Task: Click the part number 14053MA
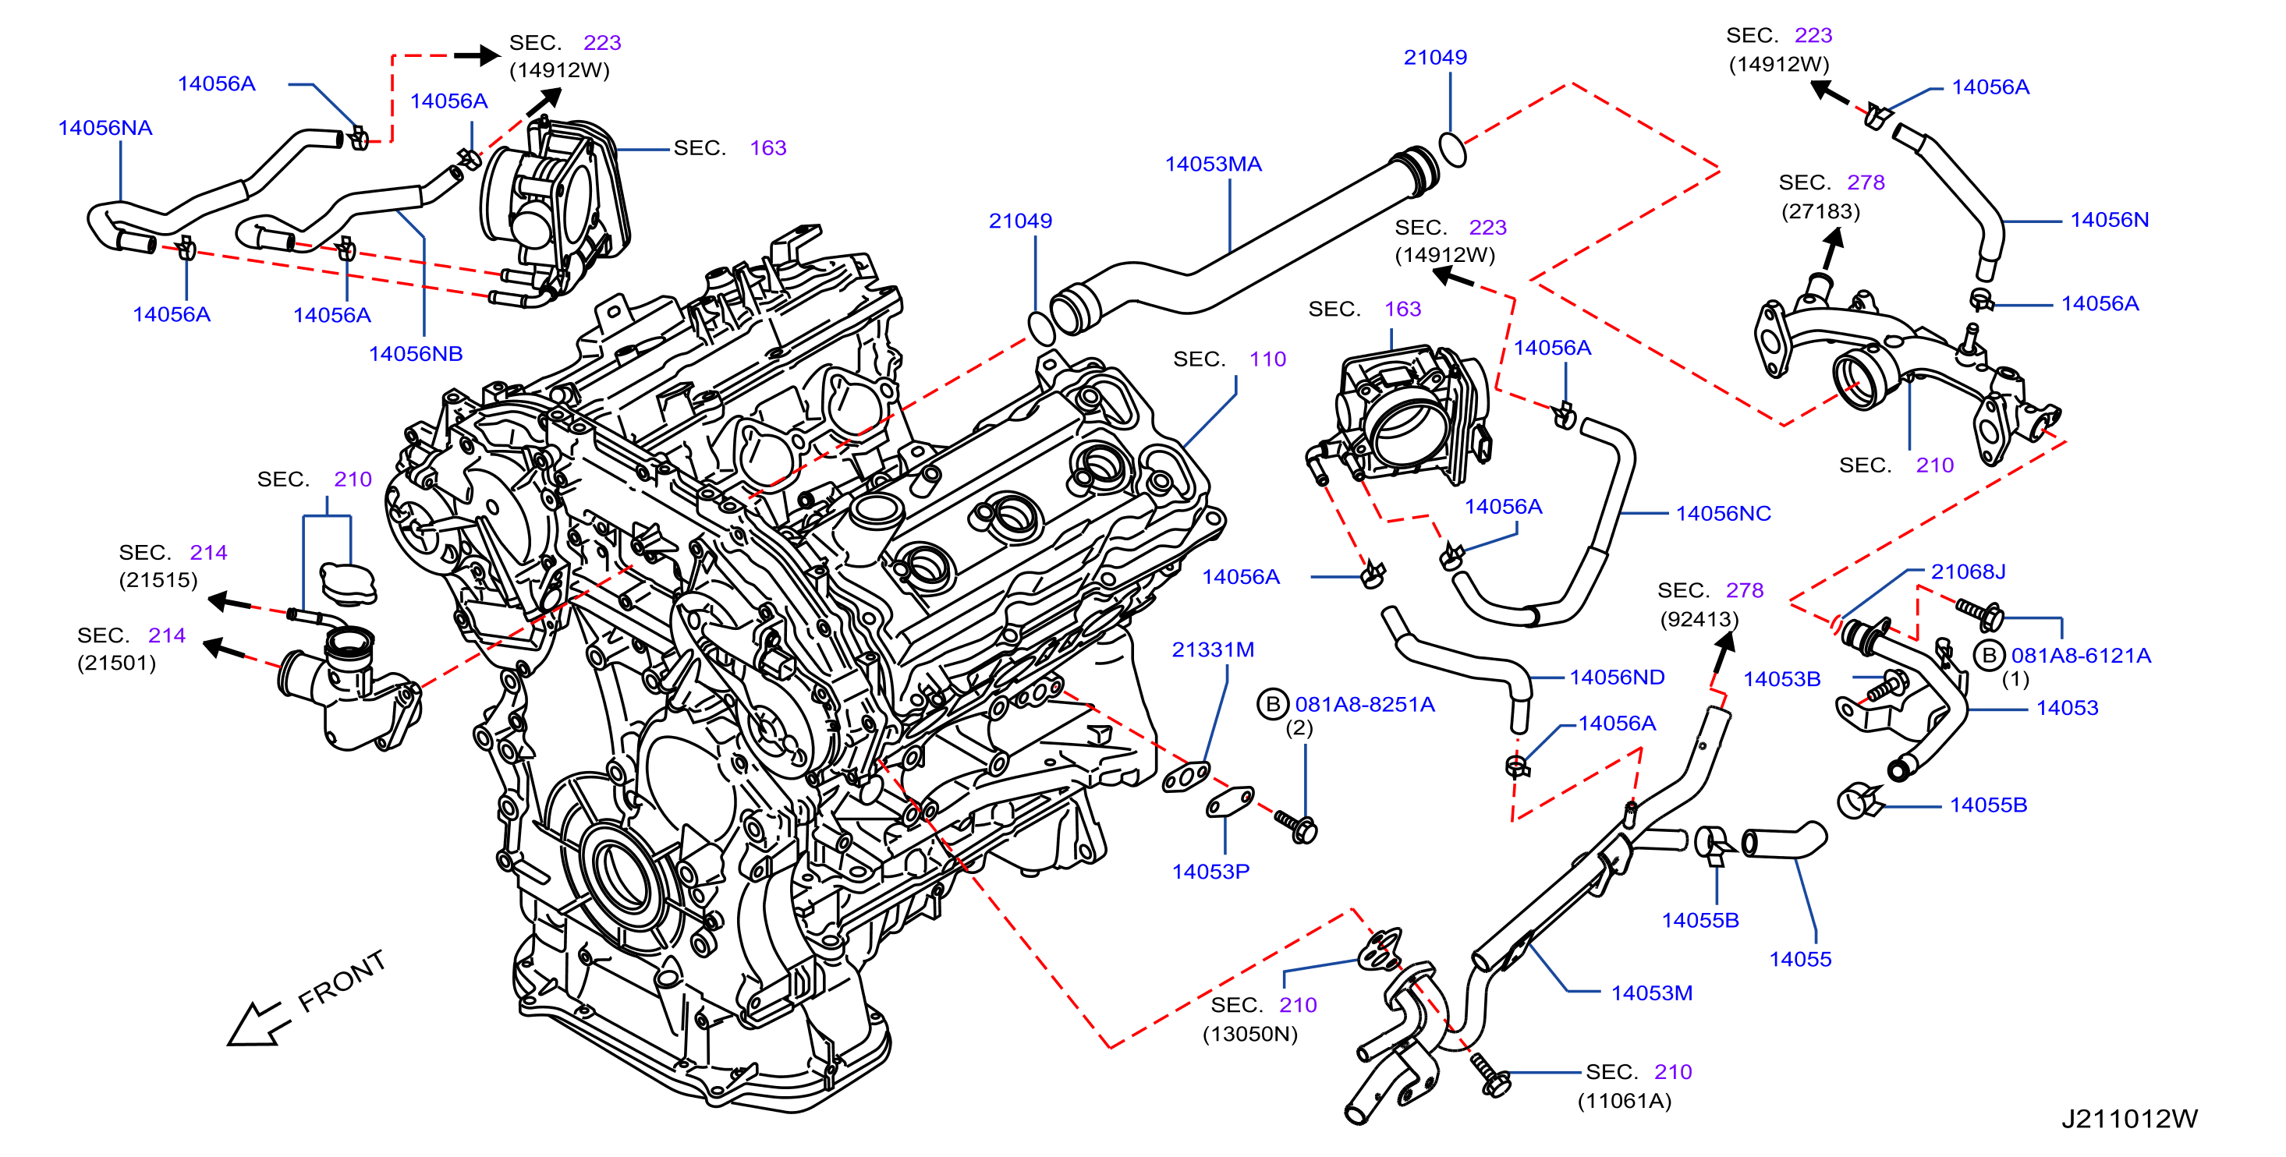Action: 1213,165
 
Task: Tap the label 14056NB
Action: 415,354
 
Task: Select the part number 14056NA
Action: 105,128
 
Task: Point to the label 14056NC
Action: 1722,514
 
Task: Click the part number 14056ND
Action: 1617,678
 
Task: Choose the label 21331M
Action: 1213,650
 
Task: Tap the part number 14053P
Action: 1210,872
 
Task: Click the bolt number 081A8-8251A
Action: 1365,705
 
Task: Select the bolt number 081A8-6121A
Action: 2081,656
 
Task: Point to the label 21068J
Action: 1968,572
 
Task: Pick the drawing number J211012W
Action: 2129,1119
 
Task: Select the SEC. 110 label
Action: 1229,359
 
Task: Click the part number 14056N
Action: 2110,220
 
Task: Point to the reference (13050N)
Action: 1249,1035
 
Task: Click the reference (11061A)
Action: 1624,1101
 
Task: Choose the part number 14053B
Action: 1781,680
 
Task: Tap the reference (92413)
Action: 1699,619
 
